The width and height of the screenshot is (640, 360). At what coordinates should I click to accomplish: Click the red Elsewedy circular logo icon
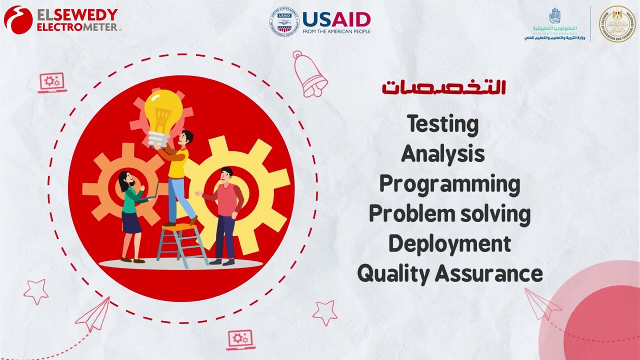point(18,20)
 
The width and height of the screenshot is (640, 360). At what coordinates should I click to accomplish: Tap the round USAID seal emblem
point(283,21)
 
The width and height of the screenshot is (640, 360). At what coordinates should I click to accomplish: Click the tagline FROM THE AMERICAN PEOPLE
point(336,31)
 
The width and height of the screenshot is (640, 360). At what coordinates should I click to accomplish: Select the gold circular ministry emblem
point(616,23)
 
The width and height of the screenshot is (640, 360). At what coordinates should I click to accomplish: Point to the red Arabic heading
point(444,87)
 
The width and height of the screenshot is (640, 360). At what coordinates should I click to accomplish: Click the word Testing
point(442,124)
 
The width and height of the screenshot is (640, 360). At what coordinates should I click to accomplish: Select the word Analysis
point(443,154)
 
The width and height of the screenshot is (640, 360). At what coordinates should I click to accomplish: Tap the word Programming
point(449,184)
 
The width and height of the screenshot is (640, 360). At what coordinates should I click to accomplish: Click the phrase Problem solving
point(449,214)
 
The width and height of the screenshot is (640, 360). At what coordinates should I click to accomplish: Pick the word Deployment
point(449,244)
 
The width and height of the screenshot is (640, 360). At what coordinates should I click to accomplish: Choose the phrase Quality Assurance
point(449,274)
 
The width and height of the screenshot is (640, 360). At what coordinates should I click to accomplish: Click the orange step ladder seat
point(179,227)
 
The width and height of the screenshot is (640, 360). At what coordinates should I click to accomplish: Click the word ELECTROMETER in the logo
point(77,26)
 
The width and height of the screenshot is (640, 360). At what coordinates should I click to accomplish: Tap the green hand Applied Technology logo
point(554,16)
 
